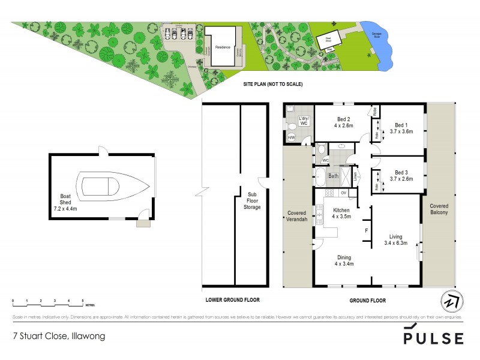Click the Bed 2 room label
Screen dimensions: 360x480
click(x=344, y=119)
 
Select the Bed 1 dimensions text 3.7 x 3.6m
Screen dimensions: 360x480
click(x=401, y=131)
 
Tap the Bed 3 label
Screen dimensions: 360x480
click(x=401, y=171)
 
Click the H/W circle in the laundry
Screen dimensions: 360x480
click(x=291, y=138)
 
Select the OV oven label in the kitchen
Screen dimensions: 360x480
click(x=343, y=193)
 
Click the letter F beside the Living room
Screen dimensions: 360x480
click(x=366, y=230)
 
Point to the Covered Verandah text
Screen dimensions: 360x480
click(x=298, y=217)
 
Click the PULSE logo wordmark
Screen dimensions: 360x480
click(x=433, y=336)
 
